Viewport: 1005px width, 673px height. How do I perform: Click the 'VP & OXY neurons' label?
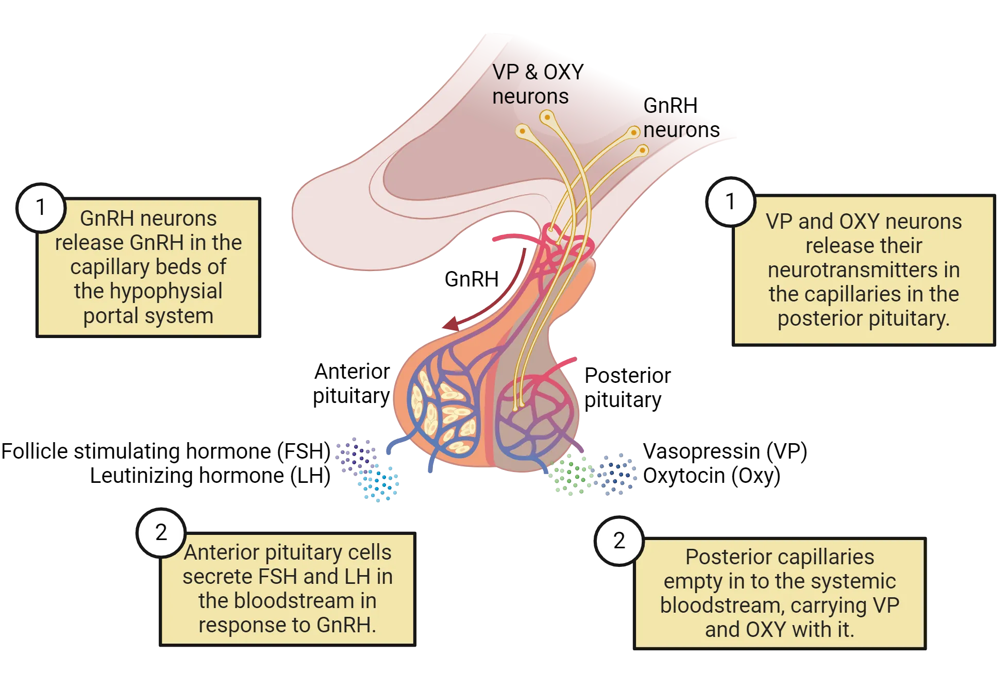(538, 84)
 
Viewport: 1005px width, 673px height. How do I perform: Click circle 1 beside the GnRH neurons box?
(41, 208)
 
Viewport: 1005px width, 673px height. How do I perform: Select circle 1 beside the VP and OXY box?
(730, 201)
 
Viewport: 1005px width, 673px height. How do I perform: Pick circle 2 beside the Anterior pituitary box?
(161, 532)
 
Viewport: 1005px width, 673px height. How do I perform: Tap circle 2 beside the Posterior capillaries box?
(619, 541)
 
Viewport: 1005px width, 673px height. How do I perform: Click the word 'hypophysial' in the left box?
(148, 291)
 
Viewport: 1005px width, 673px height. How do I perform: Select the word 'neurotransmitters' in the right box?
(863, 270)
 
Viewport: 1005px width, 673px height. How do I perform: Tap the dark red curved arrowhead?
(449, 324)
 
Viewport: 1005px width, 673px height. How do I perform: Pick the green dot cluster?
(571, 476)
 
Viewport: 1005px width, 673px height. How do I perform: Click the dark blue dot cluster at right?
(617, 475)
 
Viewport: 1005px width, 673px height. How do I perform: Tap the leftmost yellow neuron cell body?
(522, 131)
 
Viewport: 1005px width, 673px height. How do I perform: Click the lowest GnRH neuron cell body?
(642, 150)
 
